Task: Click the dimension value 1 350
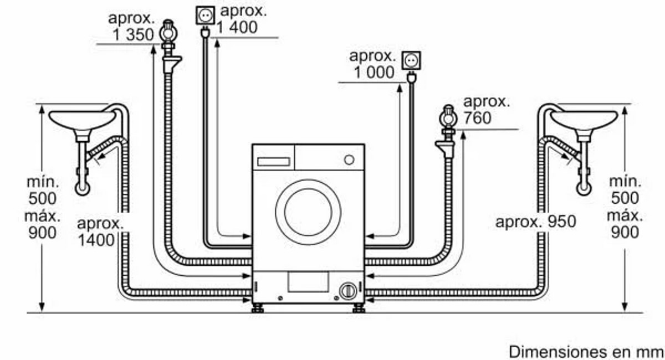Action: [x=133, y=35]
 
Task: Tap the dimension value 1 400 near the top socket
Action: [x=237, y=27]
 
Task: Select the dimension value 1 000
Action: [x=374, y=72]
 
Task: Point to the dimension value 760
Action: [x=477, y=118]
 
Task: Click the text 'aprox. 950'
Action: [x=535, y=222]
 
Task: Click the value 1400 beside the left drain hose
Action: [x=96, y=240]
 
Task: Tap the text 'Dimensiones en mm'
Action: [x=586, y=352]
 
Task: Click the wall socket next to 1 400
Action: [x=205, y=16]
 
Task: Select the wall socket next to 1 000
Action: [x=411, y=61]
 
